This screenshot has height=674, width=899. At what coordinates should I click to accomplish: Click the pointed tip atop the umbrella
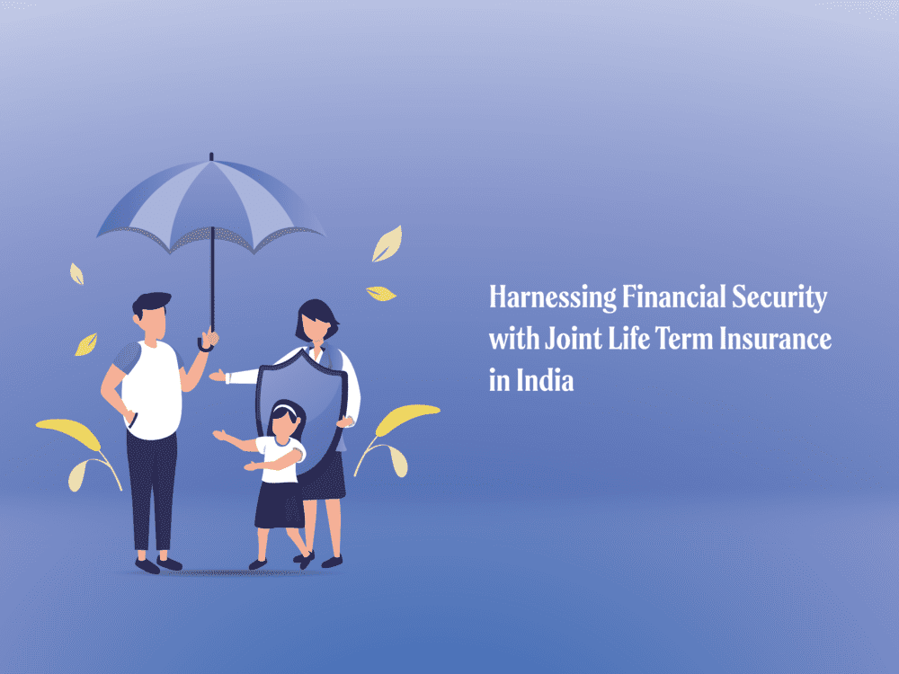pyautogui.click(x=210, y=157)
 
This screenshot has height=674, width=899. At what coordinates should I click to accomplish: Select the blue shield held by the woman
pyautogui.click(x=299, y=404)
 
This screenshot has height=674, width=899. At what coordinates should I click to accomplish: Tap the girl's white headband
pyautogui.click(x=285, y=412)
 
